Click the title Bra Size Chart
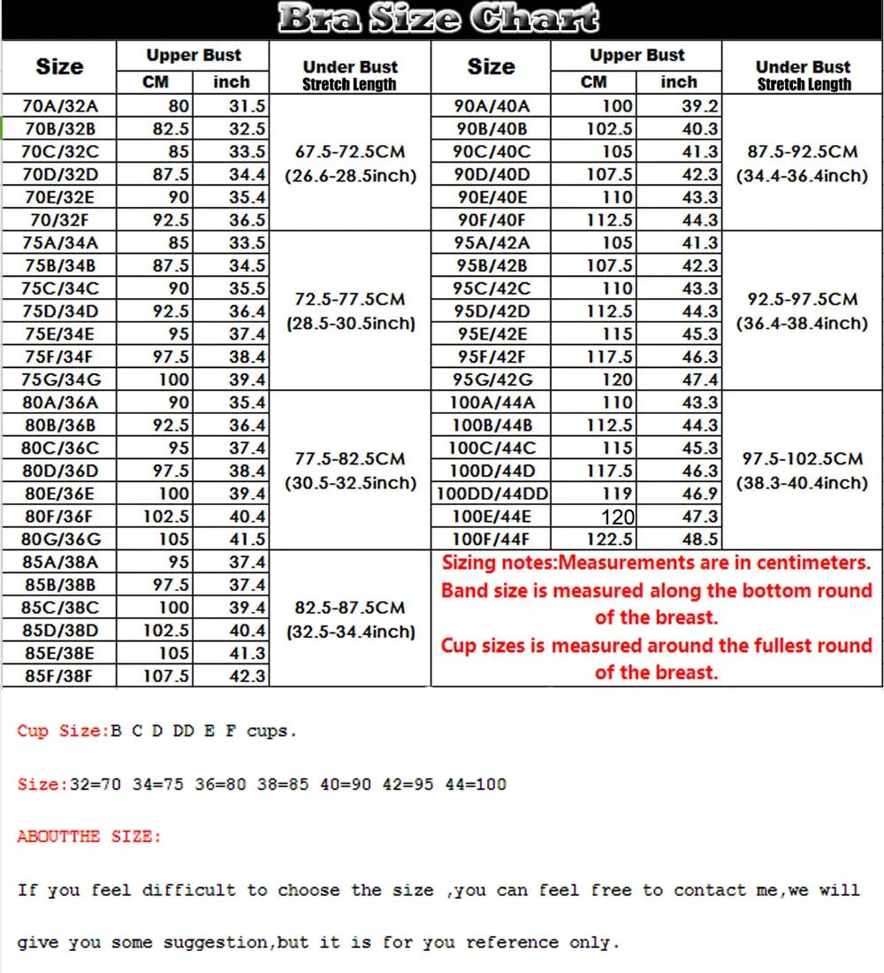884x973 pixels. (x=438, y=19)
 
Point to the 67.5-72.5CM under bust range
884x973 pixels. (x=350, y=152)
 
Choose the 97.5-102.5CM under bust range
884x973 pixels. (x=803, y=459)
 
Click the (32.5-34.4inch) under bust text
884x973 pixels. (x=350, y=632)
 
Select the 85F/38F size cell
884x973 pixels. (x=61, y=677)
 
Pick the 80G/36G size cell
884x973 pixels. (x=61, y=539)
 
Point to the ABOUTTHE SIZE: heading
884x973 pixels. (x=89, y=836)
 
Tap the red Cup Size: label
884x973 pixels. (x=60, y=732)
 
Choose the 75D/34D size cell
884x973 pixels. (x=61, y=311)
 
